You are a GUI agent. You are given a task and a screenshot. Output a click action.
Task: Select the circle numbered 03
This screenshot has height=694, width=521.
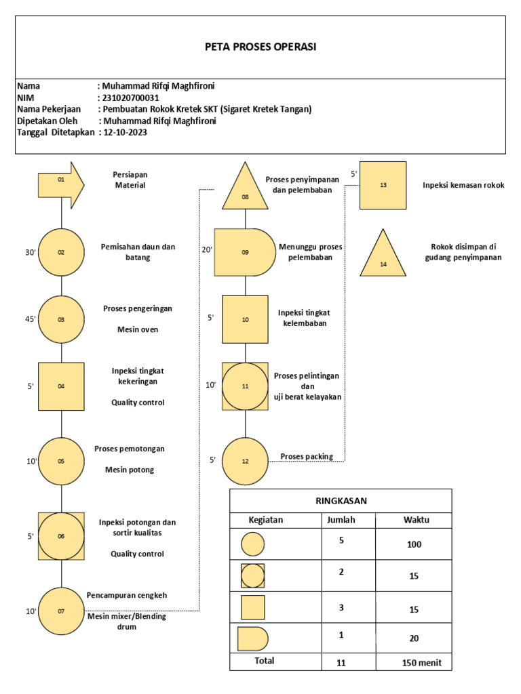pos(61,319)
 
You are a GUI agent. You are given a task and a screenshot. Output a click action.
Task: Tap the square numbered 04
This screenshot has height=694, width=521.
pos(61,386)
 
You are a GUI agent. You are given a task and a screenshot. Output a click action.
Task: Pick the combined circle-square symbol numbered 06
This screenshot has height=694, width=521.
pos(61,536)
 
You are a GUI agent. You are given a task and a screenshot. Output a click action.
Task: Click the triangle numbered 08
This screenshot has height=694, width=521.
pos(245,190)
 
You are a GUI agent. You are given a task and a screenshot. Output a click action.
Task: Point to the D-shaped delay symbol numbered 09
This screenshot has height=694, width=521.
pos(243,251)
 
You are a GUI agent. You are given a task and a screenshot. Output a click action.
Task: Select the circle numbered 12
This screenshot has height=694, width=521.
pos(245,461)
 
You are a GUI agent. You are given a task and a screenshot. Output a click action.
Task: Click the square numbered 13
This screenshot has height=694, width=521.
pos(383,185)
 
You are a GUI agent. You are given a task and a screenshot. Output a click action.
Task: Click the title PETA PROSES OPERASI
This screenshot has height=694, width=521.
pos(260,47)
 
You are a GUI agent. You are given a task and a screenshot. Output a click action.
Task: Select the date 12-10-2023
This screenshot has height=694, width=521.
pos(126,132)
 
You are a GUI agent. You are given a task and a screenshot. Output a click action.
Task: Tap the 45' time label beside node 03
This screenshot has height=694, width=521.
pos(31,319)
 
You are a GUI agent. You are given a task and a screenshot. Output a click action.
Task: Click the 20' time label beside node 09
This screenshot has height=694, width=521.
pos(207,249)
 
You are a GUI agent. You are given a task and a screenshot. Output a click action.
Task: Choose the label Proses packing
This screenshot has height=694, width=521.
pos(307,456)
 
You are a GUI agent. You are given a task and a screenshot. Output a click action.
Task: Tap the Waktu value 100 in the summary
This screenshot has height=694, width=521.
pos(414,544)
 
